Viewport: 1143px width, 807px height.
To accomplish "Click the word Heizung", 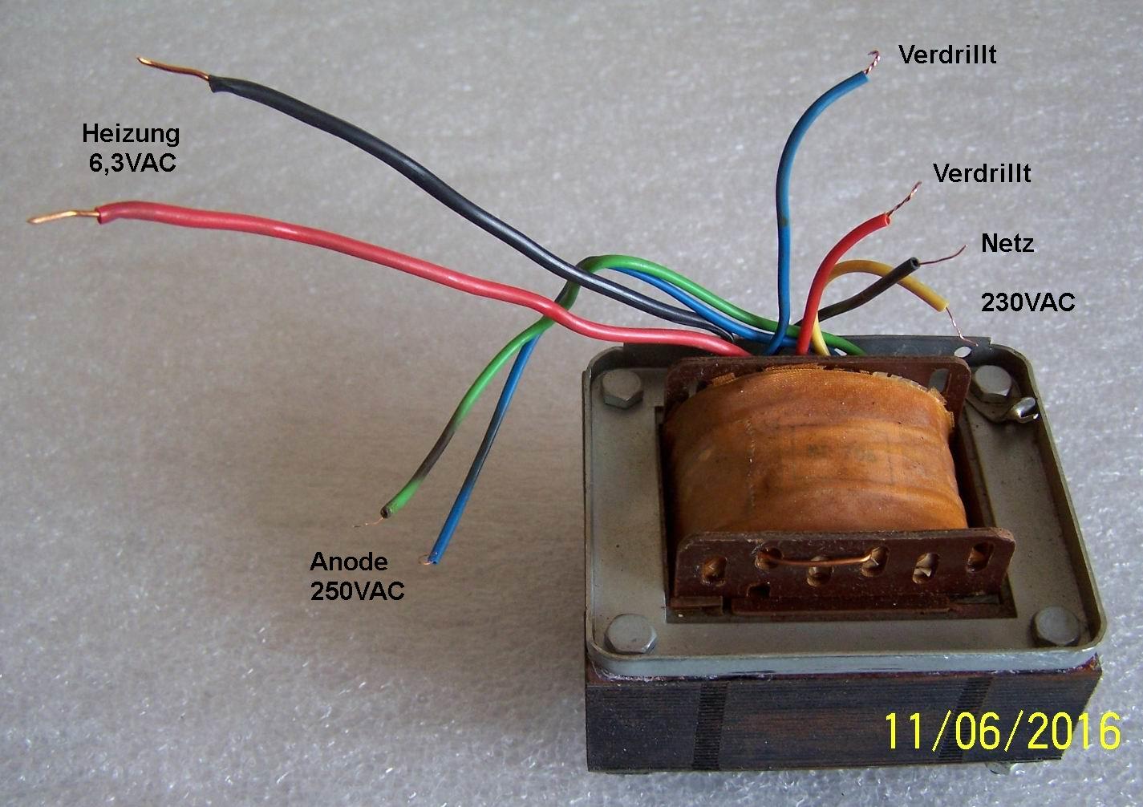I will [x=131, y=133].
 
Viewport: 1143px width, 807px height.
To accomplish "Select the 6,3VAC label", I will [x=132, y=162].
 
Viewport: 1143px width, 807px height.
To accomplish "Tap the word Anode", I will [x=348, y=562].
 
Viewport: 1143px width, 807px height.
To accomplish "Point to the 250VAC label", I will [x=357, y=591].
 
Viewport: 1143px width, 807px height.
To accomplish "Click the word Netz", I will [x=1007, y=243].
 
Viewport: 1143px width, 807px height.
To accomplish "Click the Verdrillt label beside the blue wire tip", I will [x=947, y=55].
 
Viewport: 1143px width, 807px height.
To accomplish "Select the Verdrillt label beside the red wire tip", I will [x=983, y=173].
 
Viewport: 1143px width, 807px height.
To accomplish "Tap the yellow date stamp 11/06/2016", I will [x=1002, y=731].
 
